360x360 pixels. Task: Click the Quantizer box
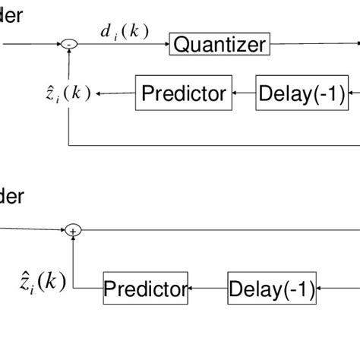click(219, 45)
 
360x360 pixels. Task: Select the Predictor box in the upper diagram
click(184, 93)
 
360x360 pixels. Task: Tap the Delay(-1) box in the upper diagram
click(302, 93)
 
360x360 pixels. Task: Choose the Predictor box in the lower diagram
click(145, 289)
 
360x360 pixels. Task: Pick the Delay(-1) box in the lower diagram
click(272, 289)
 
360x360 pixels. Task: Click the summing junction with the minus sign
click(69, 45)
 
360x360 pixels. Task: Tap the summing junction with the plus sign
click(73, 229)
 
